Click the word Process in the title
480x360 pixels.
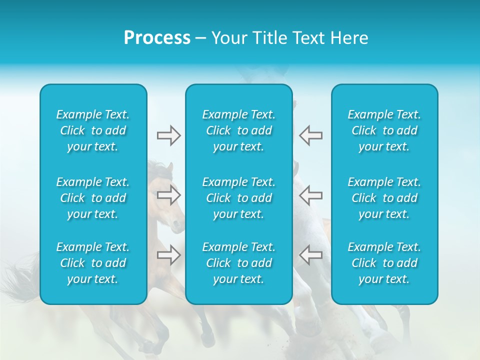click(157, 38)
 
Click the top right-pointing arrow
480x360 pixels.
click(169, 135)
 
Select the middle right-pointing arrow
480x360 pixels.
click(169, 195)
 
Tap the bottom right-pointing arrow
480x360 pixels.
click(169, 254)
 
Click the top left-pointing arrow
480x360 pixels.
click(310, 135)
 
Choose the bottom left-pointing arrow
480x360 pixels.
click(310, 254)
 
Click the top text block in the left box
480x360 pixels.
click(93, 130)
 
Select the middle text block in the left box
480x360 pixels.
click(93, 198)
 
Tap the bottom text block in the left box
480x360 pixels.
click(93, 263)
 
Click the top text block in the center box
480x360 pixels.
click(239, 130)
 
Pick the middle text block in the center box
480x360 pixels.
click(239, 198)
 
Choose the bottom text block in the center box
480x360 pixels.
click(239, 263)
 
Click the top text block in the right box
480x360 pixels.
click(384, 130)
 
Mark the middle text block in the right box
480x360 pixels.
click(384, 198)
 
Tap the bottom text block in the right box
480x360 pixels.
click(384, 263)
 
